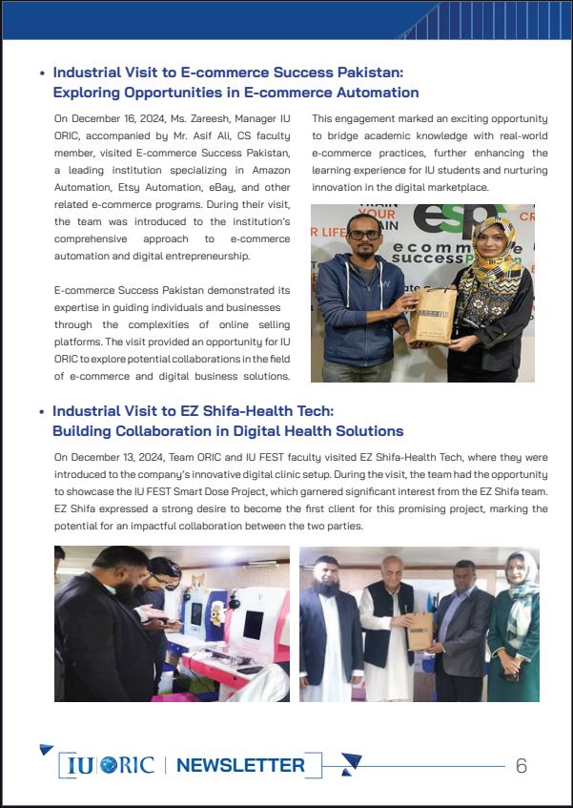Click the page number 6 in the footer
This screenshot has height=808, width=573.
522,766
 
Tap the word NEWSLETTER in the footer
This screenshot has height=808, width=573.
240,765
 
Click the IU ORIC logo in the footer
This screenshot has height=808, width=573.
111,765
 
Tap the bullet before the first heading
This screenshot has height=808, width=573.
42,73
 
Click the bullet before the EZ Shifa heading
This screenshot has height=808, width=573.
42,411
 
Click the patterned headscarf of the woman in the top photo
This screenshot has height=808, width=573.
495,250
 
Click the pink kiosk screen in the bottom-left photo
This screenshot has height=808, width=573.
252,625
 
